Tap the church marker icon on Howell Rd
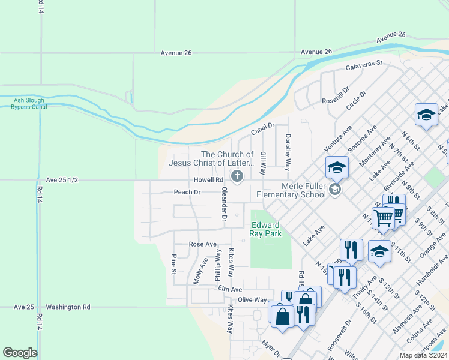238,176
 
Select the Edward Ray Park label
265,229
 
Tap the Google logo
20,353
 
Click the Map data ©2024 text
423,355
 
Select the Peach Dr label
187,192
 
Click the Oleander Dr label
223,204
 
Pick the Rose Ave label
203,244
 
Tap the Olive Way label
252,299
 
